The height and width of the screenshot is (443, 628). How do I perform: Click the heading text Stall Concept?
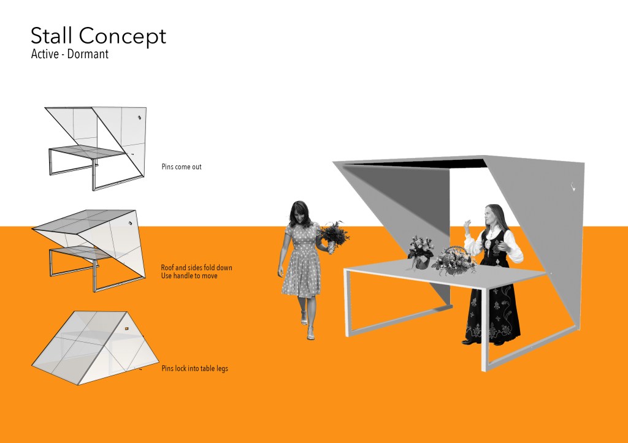[98, 36]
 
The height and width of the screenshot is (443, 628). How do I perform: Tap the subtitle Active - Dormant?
[69, 54]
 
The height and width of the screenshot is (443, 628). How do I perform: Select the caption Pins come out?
[182, 167]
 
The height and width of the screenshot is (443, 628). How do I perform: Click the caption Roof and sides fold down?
[196, 268]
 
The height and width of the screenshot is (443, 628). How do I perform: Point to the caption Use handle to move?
[189, 276]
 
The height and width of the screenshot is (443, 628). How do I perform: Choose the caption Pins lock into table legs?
[194, 368]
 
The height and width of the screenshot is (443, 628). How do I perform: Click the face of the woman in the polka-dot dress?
[299, 214]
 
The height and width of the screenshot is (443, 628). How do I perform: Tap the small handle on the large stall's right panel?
[573, 187]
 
